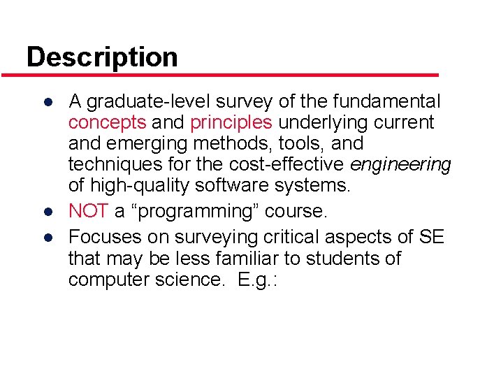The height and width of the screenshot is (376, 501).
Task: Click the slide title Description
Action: click(102, 57)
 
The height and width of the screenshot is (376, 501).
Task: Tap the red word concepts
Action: click(107, 123)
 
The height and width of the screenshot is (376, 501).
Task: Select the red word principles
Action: click(231, 123)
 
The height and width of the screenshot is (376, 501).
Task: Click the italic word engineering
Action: click(400, 165)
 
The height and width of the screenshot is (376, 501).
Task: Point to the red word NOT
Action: click(88, 211)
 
